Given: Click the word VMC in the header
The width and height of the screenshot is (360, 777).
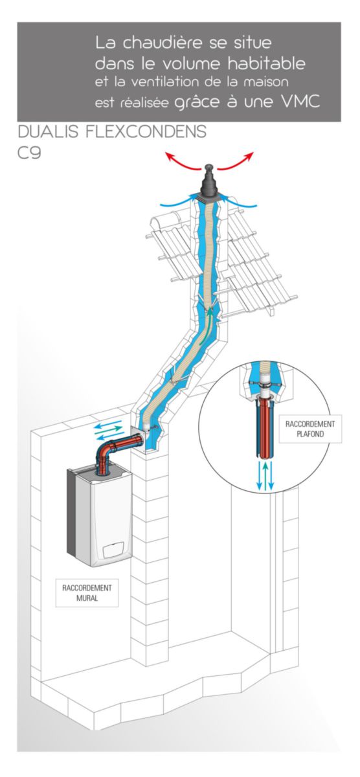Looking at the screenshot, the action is pyautogui.click(x=300, y=102).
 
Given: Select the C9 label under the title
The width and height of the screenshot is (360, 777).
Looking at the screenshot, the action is pyautogui.click(x=30, y=153).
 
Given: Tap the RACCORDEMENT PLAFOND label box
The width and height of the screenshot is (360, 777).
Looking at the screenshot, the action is pyautogui.click(x=309, y=429).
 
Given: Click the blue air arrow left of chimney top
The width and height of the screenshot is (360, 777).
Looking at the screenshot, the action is pyautogui.click(x=177, y=202).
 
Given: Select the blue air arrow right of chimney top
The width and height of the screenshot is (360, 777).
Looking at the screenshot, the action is pyautogui.click(x=240, y=202).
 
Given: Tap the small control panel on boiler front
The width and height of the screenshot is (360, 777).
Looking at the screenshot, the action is pyautogui.click(x=115, y=549).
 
